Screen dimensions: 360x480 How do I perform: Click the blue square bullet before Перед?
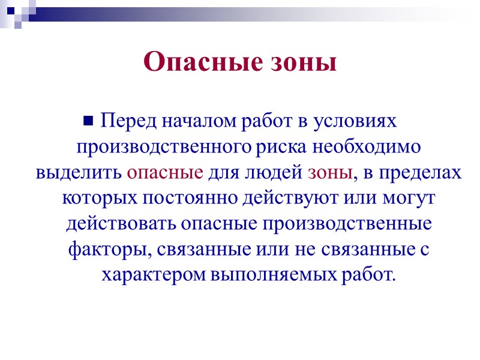pyautogui.click(x=91, y=121)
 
